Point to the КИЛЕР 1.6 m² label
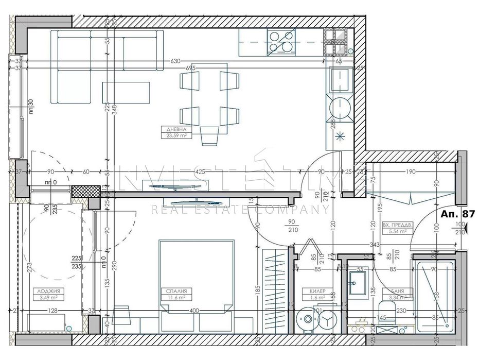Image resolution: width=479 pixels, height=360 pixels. tap(317, 294)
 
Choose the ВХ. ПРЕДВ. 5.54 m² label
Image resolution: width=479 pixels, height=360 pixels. tap(395, 229)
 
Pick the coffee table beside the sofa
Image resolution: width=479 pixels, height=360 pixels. tap(122, 92)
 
